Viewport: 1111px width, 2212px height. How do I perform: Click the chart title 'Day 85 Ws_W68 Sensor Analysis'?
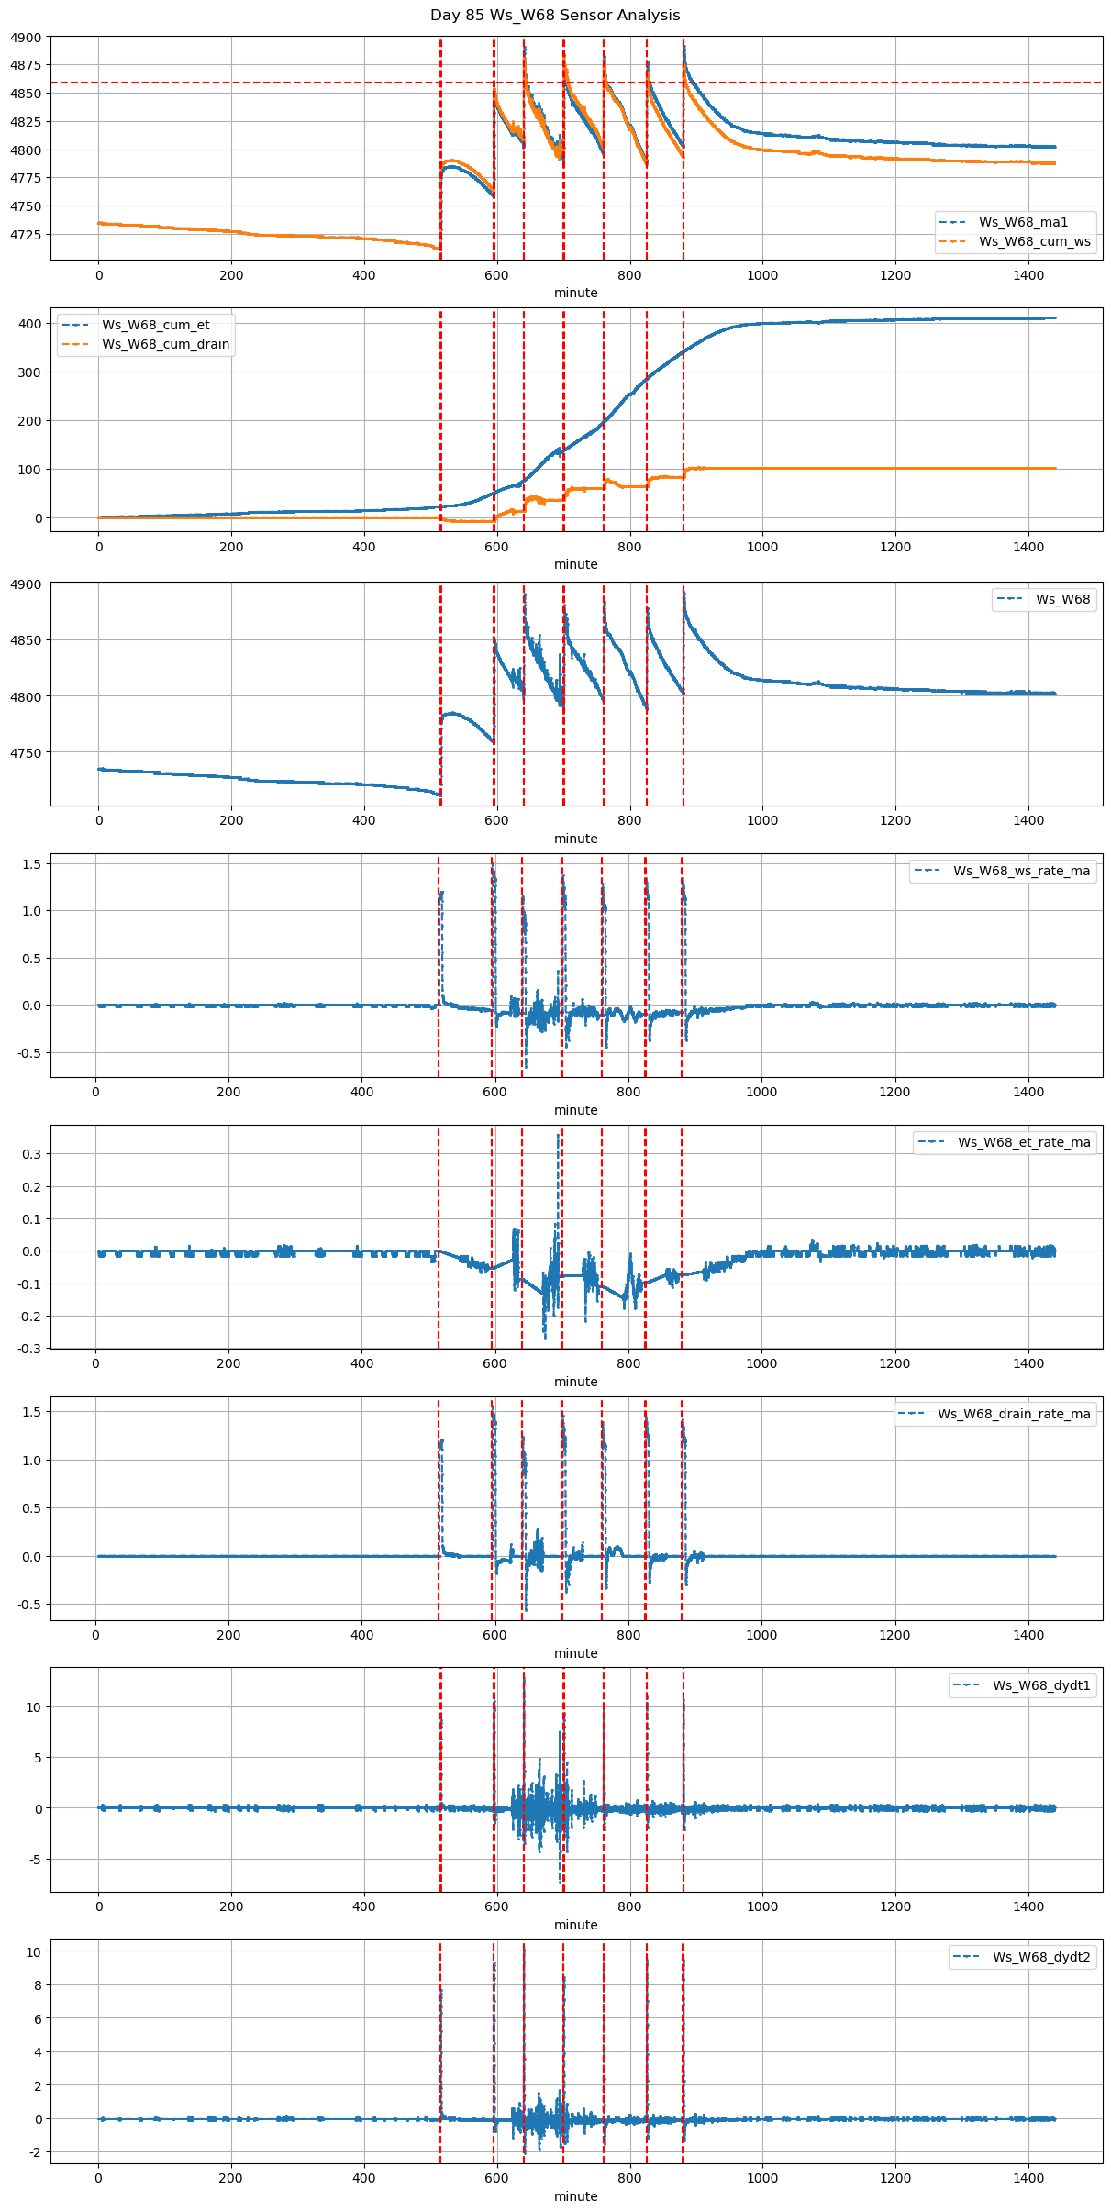[555, 16]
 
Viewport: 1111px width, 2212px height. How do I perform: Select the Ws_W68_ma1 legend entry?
[1023, 222]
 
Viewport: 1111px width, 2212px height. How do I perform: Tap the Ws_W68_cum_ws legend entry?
[1034, 241]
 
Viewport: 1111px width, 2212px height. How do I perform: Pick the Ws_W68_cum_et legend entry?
[155, 325]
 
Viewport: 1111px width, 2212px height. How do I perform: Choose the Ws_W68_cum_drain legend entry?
[165, 344]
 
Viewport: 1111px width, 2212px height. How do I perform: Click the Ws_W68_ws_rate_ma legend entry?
[1021, 871]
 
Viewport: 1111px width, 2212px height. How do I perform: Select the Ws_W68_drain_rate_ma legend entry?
[1014, 1414]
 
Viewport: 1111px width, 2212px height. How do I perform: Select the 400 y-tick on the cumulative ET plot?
[30, 324]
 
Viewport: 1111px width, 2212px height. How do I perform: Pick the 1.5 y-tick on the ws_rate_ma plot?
[32, 864]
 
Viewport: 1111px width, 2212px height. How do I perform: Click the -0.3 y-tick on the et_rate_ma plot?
[29, 1349]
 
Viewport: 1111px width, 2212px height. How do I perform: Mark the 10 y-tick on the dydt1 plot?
[33, 1707]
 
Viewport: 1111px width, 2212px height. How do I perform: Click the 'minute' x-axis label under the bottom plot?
[575, 2196]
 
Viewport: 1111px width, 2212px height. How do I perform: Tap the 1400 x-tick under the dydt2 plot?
[1028, 2178]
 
